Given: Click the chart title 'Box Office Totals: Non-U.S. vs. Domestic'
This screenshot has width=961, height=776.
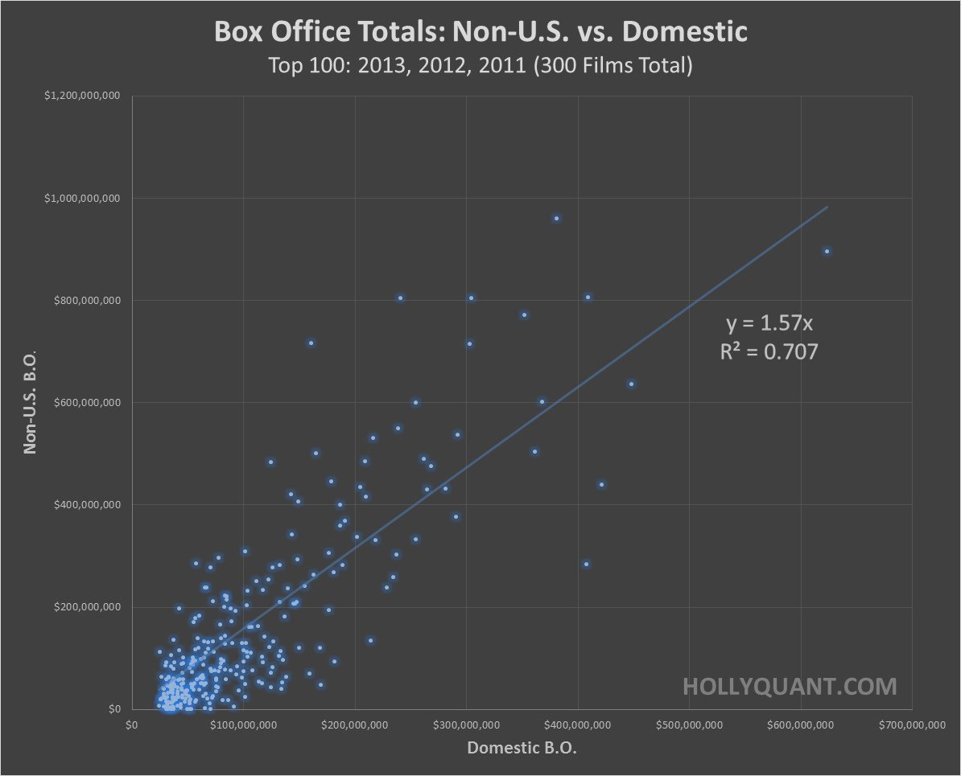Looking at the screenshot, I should [x=480, y=32].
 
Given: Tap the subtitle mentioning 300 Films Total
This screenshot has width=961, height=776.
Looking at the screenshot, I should [x=480, y=65].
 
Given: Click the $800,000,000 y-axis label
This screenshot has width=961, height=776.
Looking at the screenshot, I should [x=83, y=301].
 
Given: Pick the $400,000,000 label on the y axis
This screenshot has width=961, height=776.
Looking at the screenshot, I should [x=83, y=505].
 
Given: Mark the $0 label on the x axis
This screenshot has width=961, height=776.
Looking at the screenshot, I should [x=132, y=725].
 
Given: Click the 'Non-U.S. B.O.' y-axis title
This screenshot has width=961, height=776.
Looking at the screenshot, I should [x=31, y=402].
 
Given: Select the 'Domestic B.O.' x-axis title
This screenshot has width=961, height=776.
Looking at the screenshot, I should [x=522, y=749].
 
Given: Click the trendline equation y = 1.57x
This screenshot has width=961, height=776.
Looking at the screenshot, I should [x=769, y=324].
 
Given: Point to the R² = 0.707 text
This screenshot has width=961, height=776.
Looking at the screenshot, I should [x=769, y=351].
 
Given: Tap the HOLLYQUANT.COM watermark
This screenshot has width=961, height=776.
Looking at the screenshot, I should [x=789, y=686].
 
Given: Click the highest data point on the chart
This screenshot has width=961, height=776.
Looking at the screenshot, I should [x=556, y=218].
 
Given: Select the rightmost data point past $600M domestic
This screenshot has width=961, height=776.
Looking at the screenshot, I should [x=827, y=251].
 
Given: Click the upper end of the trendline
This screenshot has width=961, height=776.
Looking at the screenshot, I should [x=826, y=207].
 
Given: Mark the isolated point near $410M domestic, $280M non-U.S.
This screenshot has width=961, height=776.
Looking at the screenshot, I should [x=586, y=564].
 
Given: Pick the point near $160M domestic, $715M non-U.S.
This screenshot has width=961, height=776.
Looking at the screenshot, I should [x=311, y=343].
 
